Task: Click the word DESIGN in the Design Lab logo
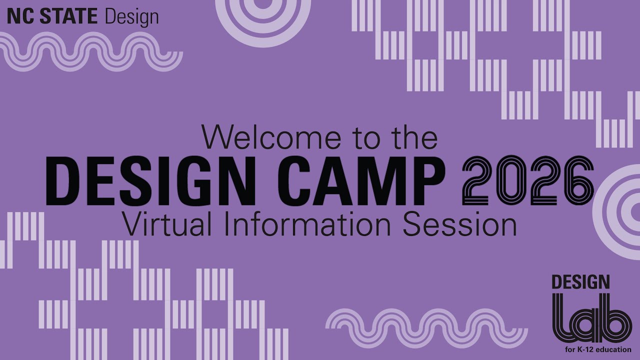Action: [580, 282]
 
